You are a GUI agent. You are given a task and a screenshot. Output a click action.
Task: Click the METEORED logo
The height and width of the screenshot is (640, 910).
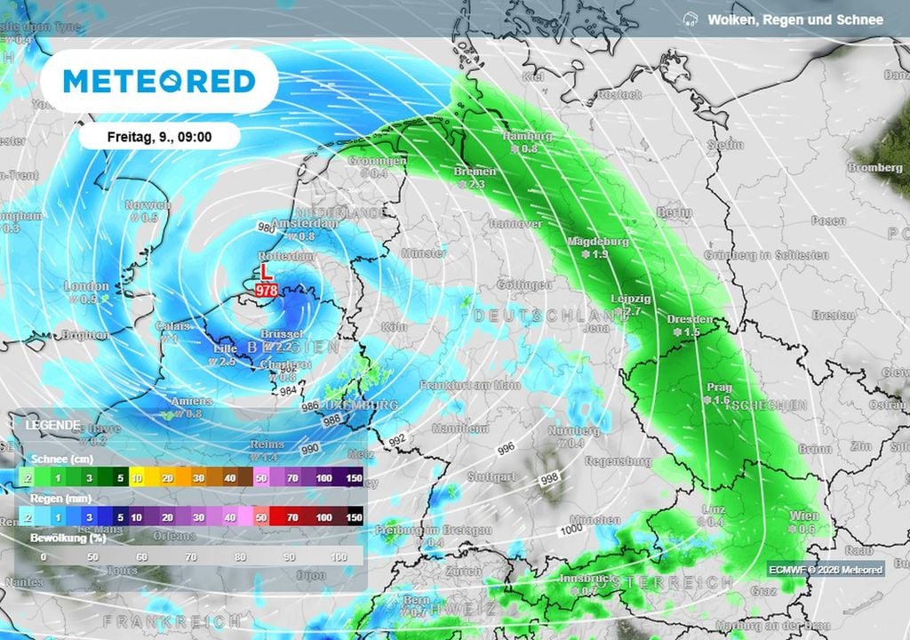(160, 81)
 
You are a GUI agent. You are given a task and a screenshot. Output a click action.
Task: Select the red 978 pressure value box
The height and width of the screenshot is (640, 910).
(266, 291)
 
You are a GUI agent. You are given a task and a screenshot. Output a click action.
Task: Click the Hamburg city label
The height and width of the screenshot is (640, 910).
(527, 136)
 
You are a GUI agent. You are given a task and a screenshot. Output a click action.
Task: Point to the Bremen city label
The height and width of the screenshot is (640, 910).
(468, 171)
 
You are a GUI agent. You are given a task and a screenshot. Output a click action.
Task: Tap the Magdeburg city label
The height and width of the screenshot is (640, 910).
(599, 241)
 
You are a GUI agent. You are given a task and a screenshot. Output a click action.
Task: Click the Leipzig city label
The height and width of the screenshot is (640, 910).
(632, 299)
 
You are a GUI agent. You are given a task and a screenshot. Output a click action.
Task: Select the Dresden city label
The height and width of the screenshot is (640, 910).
(689, 318)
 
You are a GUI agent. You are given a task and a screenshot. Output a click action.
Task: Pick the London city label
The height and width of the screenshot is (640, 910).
(86, 286)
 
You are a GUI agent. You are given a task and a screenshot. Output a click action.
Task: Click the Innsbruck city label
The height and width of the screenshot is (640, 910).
(586, 578)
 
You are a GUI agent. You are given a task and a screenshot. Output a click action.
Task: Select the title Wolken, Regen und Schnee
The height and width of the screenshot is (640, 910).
(795, 20)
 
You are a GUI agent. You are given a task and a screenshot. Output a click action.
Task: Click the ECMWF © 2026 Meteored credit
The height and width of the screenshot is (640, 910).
(826, 569)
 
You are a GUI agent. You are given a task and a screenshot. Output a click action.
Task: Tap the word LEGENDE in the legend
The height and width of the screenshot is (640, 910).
(52, 425)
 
